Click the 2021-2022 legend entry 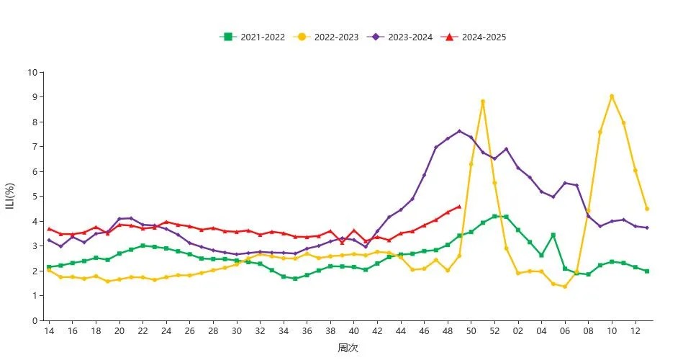(x=251, y=37)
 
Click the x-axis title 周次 (x=348, y=348)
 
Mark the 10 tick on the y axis (x=32, y=72)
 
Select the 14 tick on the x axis (x=49, y=330)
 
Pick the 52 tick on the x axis (x=494, y=330)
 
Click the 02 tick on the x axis (x=517, y=330)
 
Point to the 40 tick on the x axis (x=353, y=330)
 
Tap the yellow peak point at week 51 (x=483, y=102)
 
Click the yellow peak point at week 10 (x=612, y=96)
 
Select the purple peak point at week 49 (x=459, y=131)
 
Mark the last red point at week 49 (x=459, y=207)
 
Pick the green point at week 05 (x=553, y=235)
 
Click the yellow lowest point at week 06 (x=565, y=287)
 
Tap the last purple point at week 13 (x=647, y=228)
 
